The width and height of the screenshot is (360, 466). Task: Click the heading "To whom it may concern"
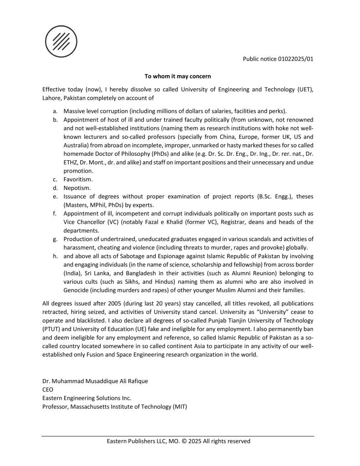tap(177, 76)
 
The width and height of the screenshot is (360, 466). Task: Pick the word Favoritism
tap(78, 179)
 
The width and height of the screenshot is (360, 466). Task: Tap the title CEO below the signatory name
tap(47, 389)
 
